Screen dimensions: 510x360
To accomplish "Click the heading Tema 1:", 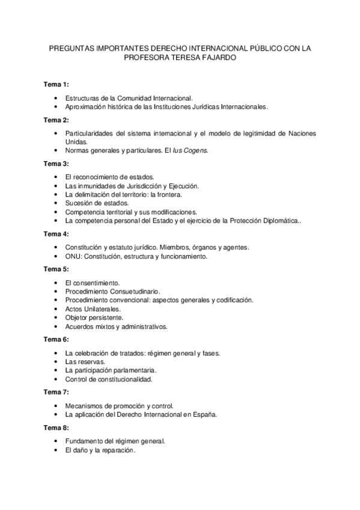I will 56,84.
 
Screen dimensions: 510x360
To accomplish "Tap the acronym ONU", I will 73,256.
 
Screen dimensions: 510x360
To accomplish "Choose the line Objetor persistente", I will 94,318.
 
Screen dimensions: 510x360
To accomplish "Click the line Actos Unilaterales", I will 93,309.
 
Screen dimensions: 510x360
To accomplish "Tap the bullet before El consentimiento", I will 55,282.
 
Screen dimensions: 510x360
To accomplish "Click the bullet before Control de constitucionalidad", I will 55,379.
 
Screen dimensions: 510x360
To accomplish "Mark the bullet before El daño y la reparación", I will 55,450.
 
